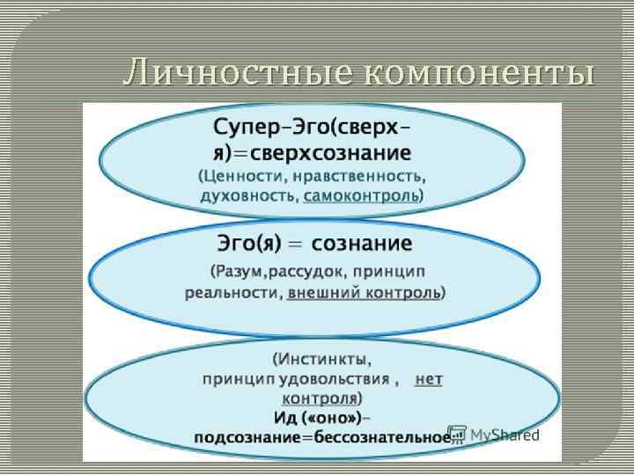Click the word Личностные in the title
(237, 72)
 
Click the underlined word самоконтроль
(361, 195)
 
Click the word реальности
(232, 292)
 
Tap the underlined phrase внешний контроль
(364, 292)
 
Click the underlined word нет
(429, 379)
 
